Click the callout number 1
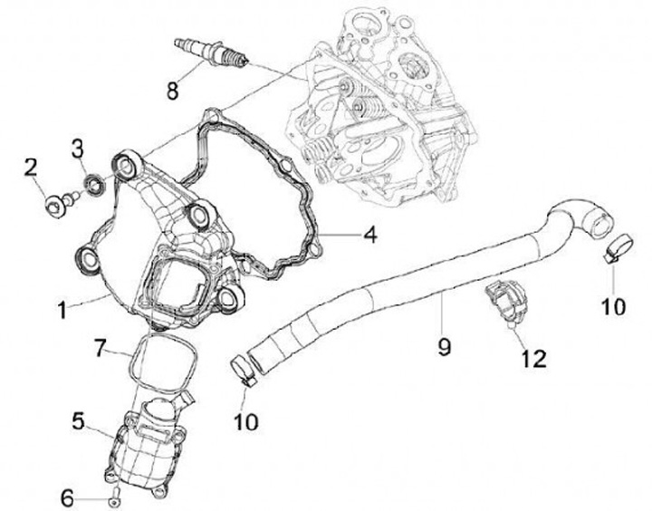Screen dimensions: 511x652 click(x=62, y=310)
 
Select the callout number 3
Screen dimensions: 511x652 click(x=78, y=147)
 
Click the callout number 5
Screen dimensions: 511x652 click(x=79, y=421)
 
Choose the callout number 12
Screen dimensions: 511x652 click(x=532, y=359)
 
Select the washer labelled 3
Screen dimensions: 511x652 click(x=92, y=188)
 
